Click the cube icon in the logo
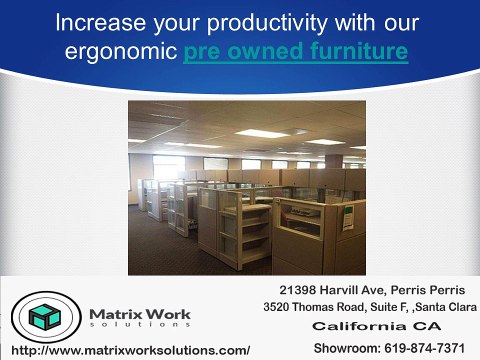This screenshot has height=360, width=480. pos(41,316)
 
